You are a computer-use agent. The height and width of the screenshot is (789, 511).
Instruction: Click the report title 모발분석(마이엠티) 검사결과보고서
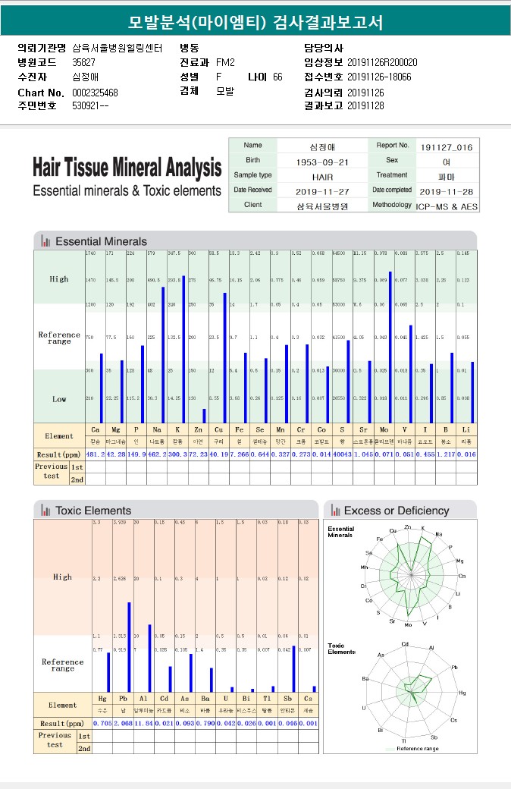click(255, 22)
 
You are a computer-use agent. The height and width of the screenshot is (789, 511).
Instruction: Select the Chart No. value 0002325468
click(95, 93)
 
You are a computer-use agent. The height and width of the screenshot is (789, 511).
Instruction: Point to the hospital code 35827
click(84, 62)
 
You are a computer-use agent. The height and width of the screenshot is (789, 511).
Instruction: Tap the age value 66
click(277, 77)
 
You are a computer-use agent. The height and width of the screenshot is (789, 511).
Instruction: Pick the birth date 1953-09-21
click(323, 162)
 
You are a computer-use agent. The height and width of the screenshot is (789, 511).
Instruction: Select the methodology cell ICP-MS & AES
click(447, 206)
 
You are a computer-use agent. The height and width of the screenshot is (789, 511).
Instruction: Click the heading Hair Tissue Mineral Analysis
click(127, 168)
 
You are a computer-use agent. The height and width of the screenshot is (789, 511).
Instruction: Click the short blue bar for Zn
click(204, 416)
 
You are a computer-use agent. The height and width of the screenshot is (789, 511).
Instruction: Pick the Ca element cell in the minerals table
click(95, 430)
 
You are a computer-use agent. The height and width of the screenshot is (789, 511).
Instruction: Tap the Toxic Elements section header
click(93, 511)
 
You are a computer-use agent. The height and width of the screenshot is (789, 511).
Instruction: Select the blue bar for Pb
click(128, 646)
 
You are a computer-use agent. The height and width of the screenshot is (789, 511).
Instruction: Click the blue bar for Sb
click(293, 668)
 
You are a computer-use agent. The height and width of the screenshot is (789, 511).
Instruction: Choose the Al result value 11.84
click(144, 724)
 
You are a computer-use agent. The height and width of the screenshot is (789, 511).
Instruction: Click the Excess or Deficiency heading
click(397, 511)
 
